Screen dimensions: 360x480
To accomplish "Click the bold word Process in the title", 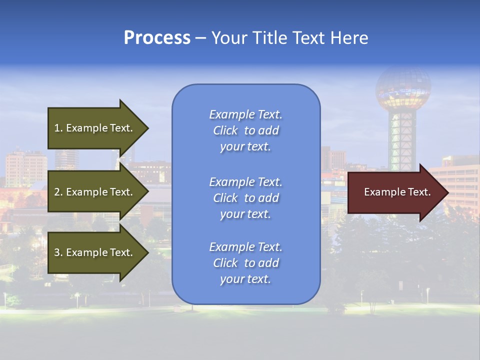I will click(157, 37).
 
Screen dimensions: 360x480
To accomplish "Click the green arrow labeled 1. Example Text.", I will click(95, 128).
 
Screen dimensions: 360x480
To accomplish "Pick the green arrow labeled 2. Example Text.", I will click(95, 192).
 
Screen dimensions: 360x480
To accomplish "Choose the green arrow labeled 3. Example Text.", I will click(95, 252).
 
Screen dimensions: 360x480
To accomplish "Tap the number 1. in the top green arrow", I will click(58, 128).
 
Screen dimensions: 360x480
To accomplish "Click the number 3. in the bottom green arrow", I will click(58, 253).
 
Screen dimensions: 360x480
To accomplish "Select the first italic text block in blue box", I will click(245, 130).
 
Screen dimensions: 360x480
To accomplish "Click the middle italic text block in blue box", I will click(245, 198).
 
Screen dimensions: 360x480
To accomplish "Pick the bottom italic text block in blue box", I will click(245, 263).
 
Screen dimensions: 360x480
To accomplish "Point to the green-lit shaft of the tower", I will click(402, 140).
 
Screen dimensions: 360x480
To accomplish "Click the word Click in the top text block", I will click(225, 130).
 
